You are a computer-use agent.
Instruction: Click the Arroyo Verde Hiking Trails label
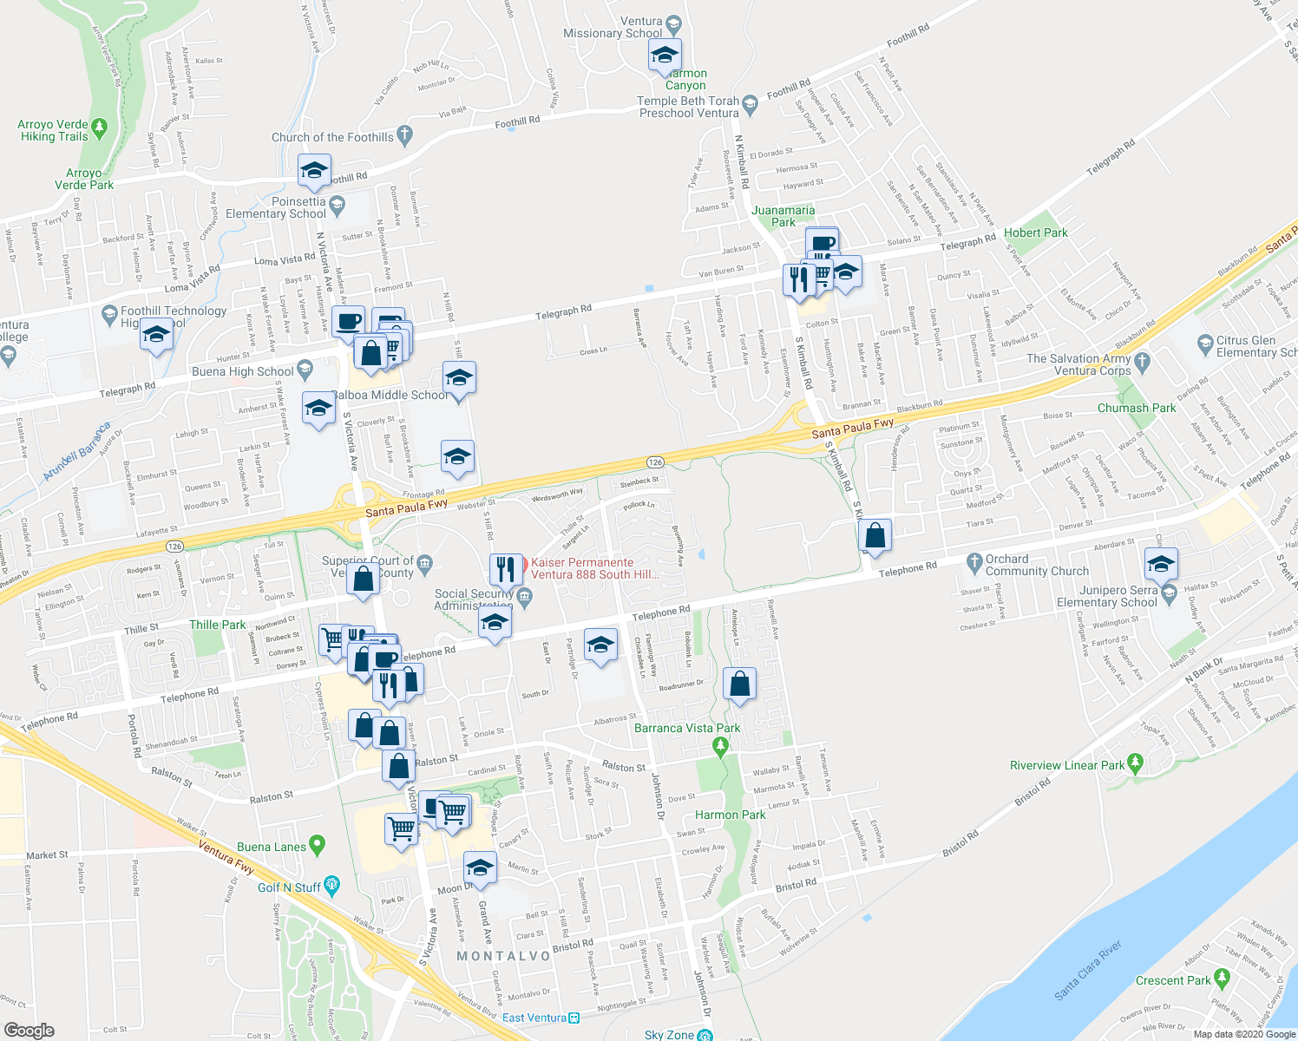click(53, 130)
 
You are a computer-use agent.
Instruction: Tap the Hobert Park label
click(1035, 232)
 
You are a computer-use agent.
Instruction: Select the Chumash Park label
click(1137, 408)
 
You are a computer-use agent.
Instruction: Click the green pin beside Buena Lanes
click(318, 844)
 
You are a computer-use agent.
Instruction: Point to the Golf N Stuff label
click(289, 887)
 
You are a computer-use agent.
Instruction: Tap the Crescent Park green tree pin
click(1223, 978)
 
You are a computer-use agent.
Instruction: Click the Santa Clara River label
click(1088, 971)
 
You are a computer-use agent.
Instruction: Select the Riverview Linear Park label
click(1067, 765)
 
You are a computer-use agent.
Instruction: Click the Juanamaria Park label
click(783, 216)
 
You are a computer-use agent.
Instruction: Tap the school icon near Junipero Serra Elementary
click(1161, 565)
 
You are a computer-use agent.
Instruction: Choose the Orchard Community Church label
click(1037, 565)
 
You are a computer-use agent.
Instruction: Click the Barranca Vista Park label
click(687, 728)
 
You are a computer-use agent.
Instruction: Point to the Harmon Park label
click(730, 815)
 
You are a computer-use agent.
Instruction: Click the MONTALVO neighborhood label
click(503, 956)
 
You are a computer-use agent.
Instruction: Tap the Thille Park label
click(217, 625)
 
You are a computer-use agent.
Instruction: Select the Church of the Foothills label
click(332, 137)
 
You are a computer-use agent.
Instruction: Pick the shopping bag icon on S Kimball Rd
click(875, 536)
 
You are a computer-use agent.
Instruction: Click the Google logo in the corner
click(29, 1031)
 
